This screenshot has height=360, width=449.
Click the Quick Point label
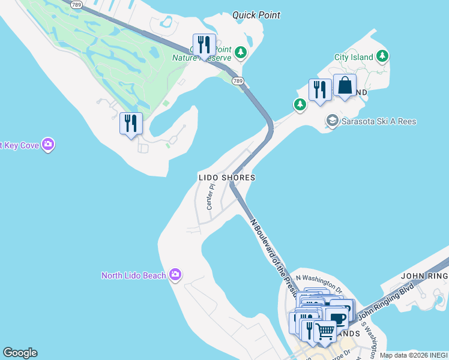[x=256, y=15]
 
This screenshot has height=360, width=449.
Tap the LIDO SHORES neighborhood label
[x=227, y=178]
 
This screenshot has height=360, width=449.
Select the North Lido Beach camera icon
[x=175, y=275]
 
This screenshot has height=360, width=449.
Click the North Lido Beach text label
[x=133, y=275]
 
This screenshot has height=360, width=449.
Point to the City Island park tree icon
[x=382, y=57]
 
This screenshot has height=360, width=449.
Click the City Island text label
[x=354, y=58]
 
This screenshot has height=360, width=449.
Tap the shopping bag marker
[x=345, y=86]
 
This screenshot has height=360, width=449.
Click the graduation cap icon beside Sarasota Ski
[x=331, y=121]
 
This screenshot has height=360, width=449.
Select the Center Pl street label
[x=210, y=197]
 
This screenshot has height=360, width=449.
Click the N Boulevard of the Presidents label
[x=274, y=258]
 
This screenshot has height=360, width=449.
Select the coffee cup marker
[x=339, y=316]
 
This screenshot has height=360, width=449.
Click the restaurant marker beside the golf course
[x=131, y=124]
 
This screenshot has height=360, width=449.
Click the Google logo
[x=20, y=353]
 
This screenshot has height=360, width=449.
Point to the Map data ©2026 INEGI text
[x=414, y=355]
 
